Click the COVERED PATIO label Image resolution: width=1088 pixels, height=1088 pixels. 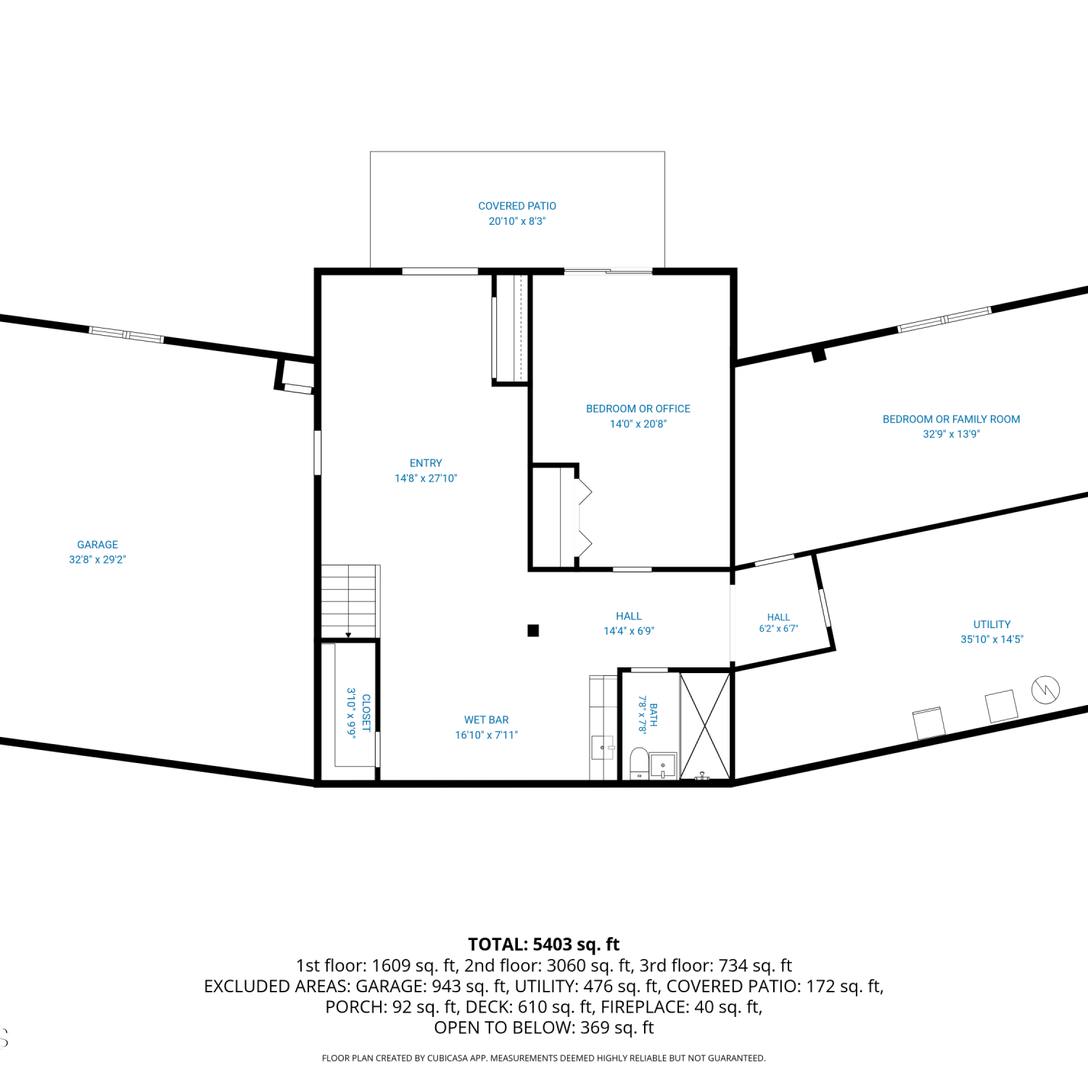[x=517, y=206]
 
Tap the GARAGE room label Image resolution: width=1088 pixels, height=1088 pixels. [x=97, y=545]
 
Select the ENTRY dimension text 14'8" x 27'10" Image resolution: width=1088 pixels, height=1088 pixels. [x=426, y=478]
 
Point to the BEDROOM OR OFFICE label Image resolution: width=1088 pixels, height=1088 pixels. [x=638, y=409]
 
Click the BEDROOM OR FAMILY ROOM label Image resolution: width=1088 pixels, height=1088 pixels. [x=951, y=419]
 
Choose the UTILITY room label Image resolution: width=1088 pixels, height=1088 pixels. [x=992, y=625]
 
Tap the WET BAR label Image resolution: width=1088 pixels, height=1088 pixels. [x=487, y=720]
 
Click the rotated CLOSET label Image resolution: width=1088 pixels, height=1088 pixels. [x=366, y=713]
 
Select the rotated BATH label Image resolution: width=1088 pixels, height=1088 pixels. [x=654, y=714]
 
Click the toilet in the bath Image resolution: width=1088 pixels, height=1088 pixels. [x=639, y=763]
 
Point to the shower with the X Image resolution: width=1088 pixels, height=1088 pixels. [x=705, y=726]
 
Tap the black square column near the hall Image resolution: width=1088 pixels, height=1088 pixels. [x=533, y=630]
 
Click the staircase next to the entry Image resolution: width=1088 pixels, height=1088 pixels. [x=350, y=601]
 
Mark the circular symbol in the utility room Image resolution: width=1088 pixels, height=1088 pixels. [x=1045, y=689]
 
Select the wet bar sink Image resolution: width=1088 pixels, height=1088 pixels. [x=603, y=748]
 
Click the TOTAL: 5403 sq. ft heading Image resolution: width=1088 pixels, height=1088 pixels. [x=544, y=944]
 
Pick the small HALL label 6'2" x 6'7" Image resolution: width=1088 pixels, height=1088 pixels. [x=778, y=623]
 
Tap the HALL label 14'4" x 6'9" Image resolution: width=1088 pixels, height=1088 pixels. [x=629, y=624]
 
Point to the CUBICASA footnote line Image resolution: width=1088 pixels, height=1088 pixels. [x=544, y=1058]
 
